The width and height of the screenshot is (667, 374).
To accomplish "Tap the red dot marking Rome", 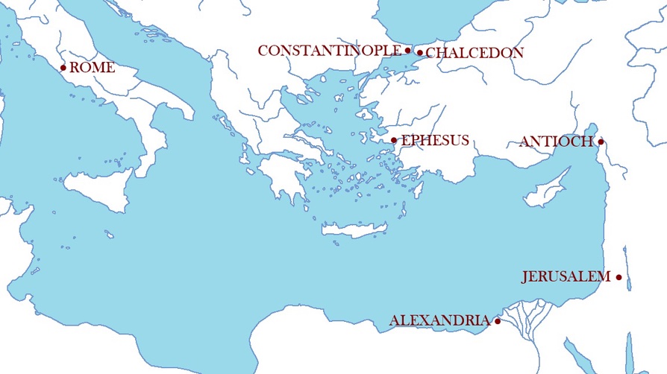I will click(x=63, y=68).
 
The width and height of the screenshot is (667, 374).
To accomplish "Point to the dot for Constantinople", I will click(x=408, y=51).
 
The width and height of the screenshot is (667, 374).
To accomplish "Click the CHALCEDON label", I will click(x=475, y=53).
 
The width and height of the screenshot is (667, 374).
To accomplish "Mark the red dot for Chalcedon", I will click(x=420, y=53).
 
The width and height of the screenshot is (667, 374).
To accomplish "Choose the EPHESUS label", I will click(x=435, y=140).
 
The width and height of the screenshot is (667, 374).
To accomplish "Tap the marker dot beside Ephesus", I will click(x=395, y=140).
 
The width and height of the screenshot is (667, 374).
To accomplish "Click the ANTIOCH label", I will click(x=557, y=142).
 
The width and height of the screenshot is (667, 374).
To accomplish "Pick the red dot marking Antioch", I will click(x=601, y=142).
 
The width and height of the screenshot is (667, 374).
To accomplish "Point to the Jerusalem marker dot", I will click(x=619, y=277).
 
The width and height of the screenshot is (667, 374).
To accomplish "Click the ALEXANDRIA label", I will click(x=439, y=321).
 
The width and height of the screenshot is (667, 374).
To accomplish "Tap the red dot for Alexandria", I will click(x=498, y=321).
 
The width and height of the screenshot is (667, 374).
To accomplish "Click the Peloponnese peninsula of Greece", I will click(x=283, y=179).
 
